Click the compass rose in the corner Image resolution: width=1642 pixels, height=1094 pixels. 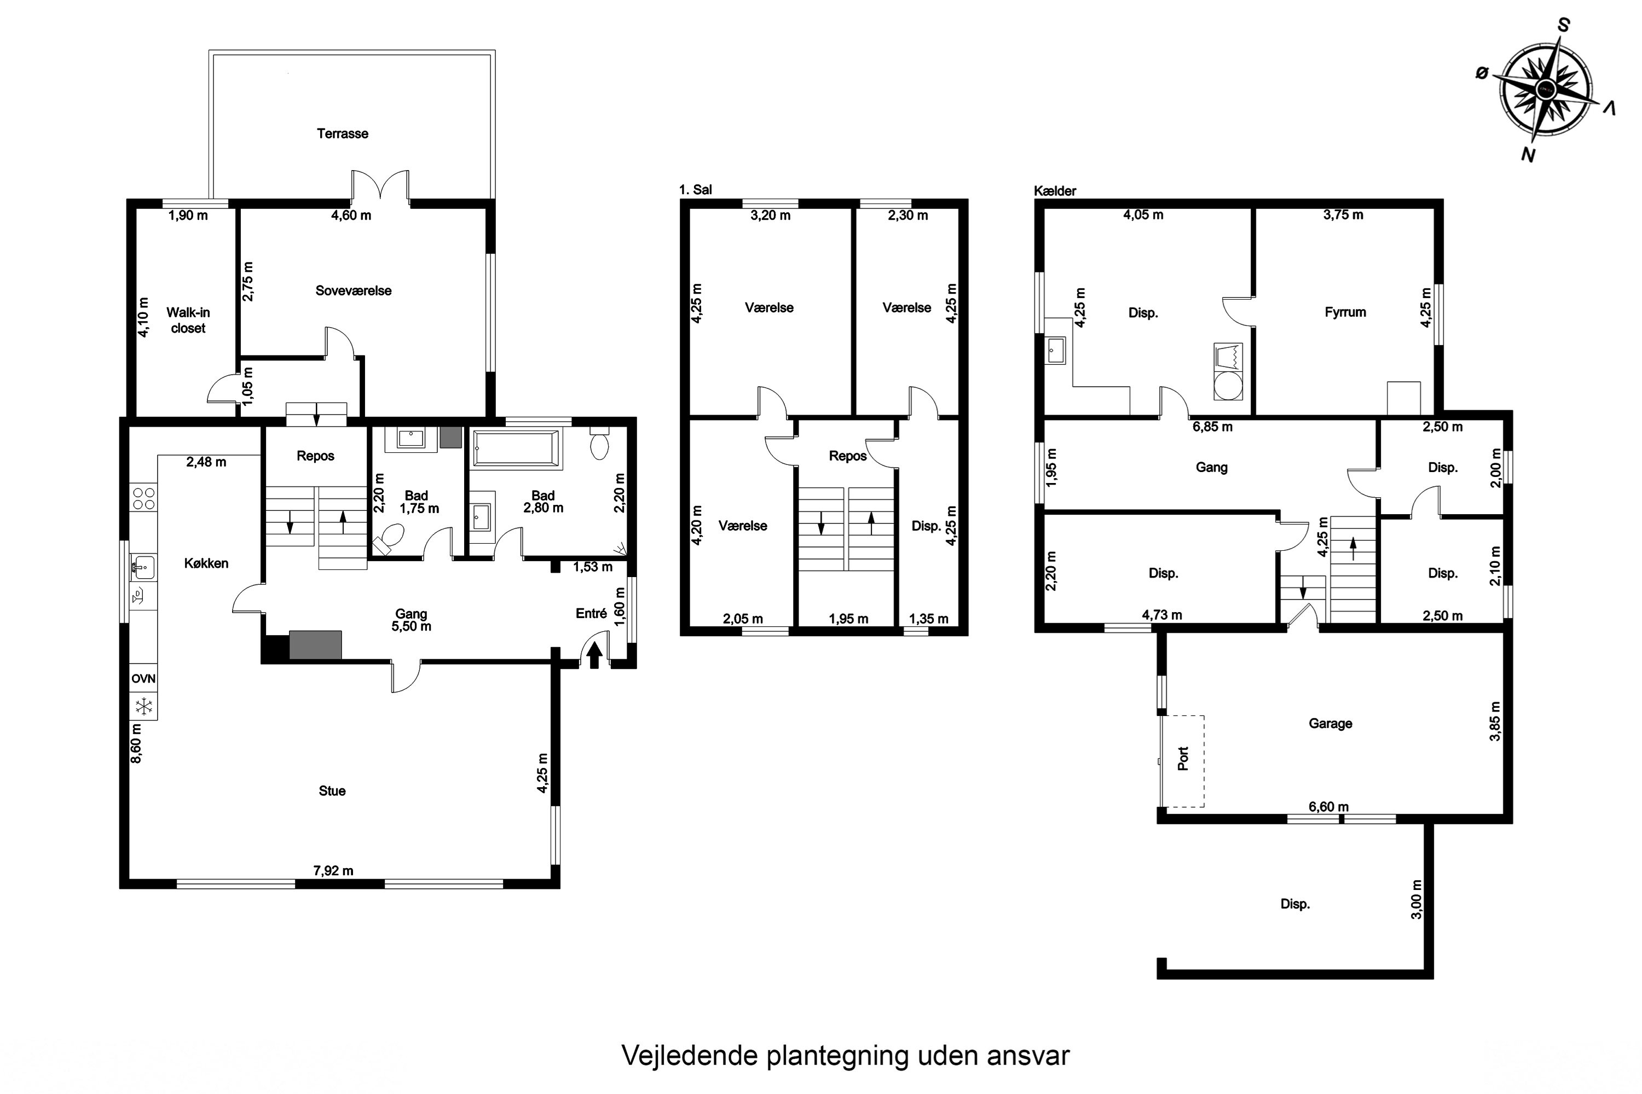[1546, 89]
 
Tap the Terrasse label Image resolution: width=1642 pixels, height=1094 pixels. [342, 133]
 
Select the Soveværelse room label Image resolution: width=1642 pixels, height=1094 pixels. [353, 291]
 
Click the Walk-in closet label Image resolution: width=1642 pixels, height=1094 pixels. [188, 320]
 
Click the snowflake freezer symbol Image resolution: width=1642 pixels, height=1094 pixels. [144, 706]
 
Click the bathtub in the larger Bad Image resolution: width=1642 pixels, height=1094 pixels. [517, 448]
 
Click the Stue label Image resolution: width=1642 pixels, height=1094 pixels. [332, 790]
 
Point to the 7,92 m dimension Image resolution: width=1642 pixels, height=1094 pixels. [333, 870]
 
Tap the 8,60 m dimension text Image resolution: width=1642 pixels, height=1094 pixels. [136, 743]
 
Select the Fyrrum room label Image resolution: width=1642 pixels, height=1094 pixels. [1345, 312]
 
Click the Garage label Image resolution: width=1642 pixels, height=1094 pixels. [1330, 724]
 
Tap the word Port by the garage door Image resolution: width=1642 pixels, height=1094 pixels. [1183, 758]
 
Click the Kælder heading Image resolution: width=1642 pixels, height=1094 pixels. [1055, 190]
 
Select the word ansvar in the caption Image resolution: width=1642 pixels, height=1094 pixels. [1028, 1056]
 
